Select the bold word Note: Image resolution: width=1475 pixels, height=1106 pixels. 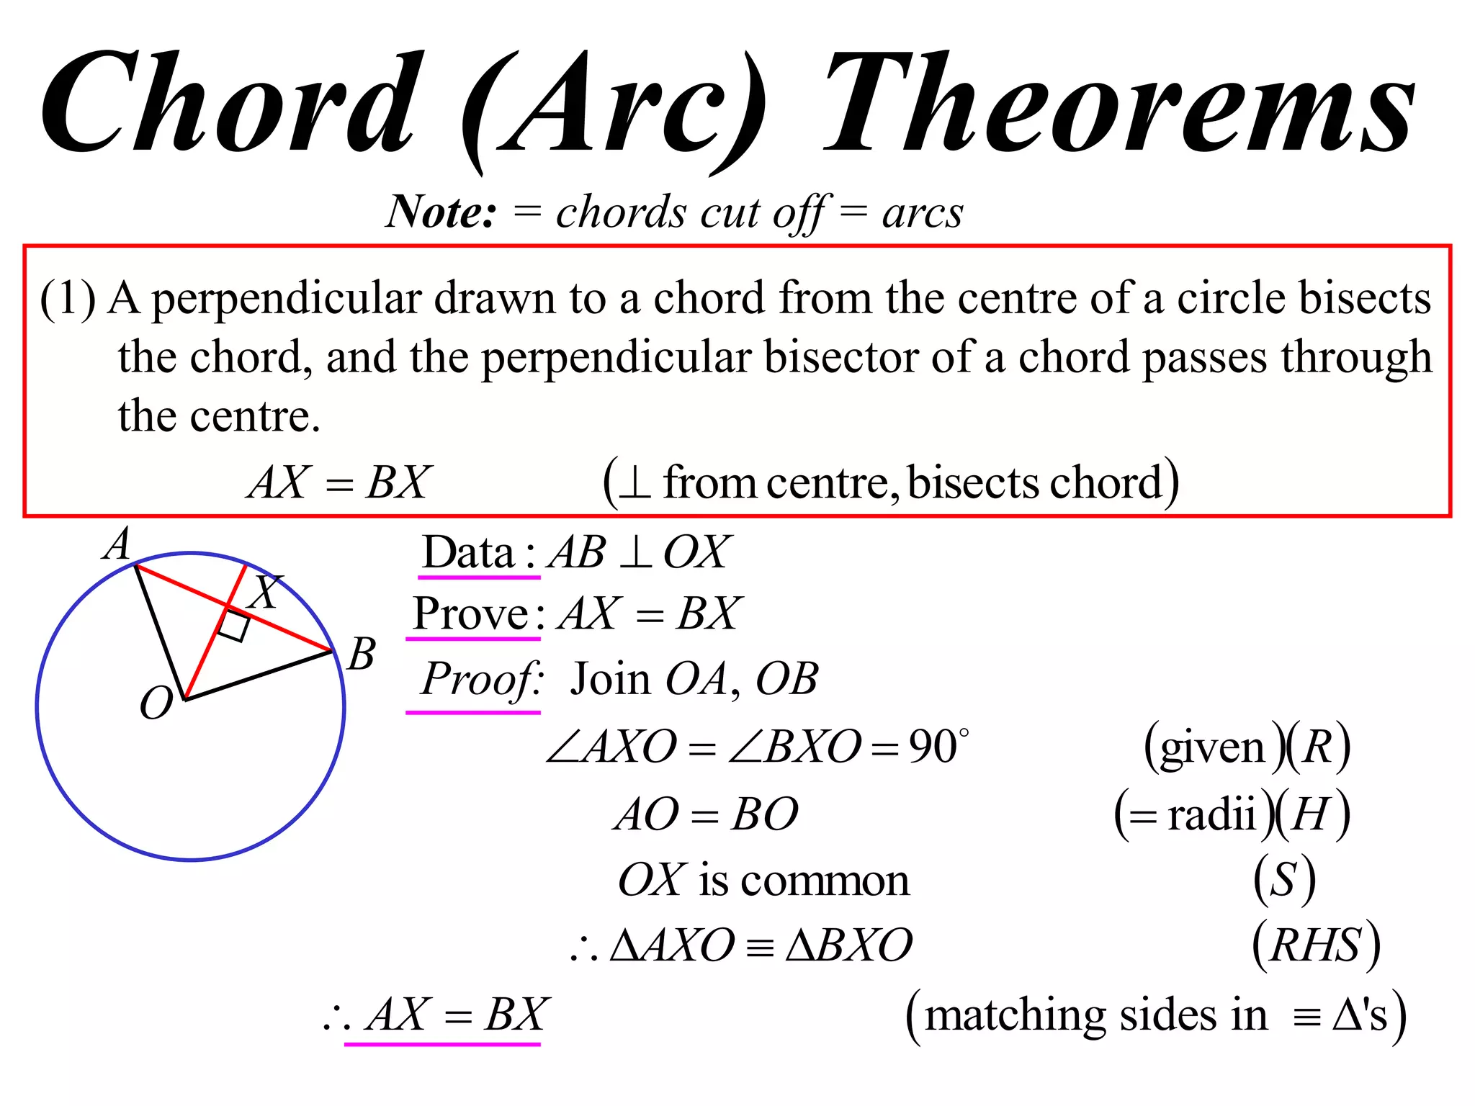click(x=441, y=212)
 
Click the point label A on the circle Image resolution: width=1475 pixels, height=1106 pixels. click(x=117, y=544)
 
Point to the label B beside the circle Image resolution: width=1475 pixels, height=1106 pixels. click(x=361, y=654)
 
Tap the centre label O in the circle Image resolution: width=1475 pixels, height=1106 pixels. click(x=156, y=703)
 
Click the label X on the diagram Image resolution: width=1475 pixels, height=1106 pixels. click(x=264, y=592)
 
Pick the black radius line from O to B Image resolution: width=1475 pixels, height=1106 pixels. click(x=259, y=675)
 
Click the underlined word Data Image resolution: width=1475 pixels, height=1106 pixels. click(x=468, y=553)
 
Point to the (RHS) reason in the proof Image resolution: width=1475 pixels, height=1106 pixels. click(x=1316, y=945)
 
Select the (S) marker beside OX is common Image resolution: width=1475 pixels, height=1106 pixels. click(x=1284, y=880)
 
